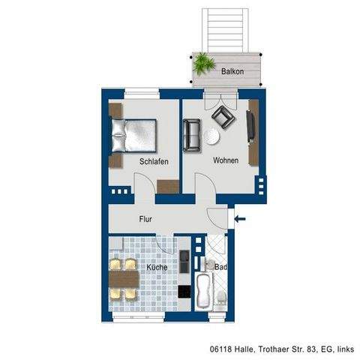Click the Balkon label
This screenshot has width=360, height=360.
[232, 70]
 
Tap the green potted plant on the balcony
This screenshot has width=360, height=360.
[202, 64]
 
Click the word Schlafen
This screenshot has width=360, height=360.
[153, 161]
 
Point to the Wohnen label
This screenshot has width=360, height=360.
[226, 160]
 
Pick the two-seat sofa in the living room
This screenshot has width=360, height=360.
[191, 134]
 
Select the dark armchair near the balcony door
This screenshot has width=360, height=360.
[223, 117]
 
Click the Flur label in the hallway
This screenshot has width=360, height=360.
[147, 220]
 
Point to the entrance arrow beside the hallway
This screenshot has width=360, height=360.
[241, 219]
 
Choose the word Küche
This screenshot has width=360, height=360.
[157, 267]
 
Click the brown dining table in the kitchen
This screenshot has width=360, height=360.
[124, 279]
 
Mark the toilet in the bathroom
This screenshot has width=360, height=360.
[223, 300]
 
